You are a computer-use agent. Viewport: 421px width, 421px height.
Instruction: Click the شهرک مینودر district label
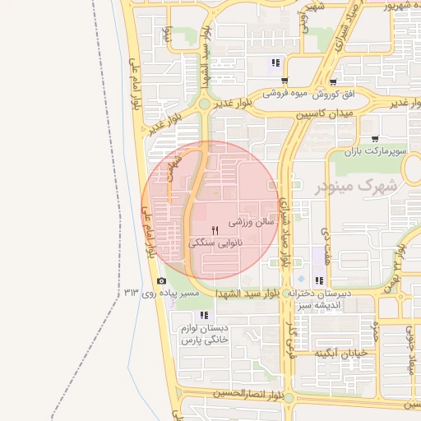pyautogui.click(x=356, y=186)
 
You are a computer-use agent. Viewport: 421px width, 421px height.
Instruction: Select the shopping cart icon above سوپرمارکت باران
pyautogui.click(x=375, y=138)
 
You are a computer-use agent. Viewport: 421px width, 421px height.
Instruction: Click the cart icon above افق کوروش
pyautogui.click(x=333, y=82)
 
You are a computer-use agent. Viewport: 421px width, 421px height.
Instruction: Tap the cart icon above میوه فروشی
pyautogui.click(x=285, y=81)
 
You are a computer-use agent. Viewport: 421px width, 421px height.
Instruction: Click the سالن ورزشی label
pyautogui.click(x=245, y=222)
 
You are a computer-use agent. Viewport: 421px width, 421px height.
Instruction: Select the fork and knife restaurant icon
pyautogui.click(x=215, y=229)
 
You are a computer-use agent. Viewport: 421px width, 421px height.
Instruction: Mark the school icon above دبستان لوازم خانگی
pyautogui.click(x=203, y=315)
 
